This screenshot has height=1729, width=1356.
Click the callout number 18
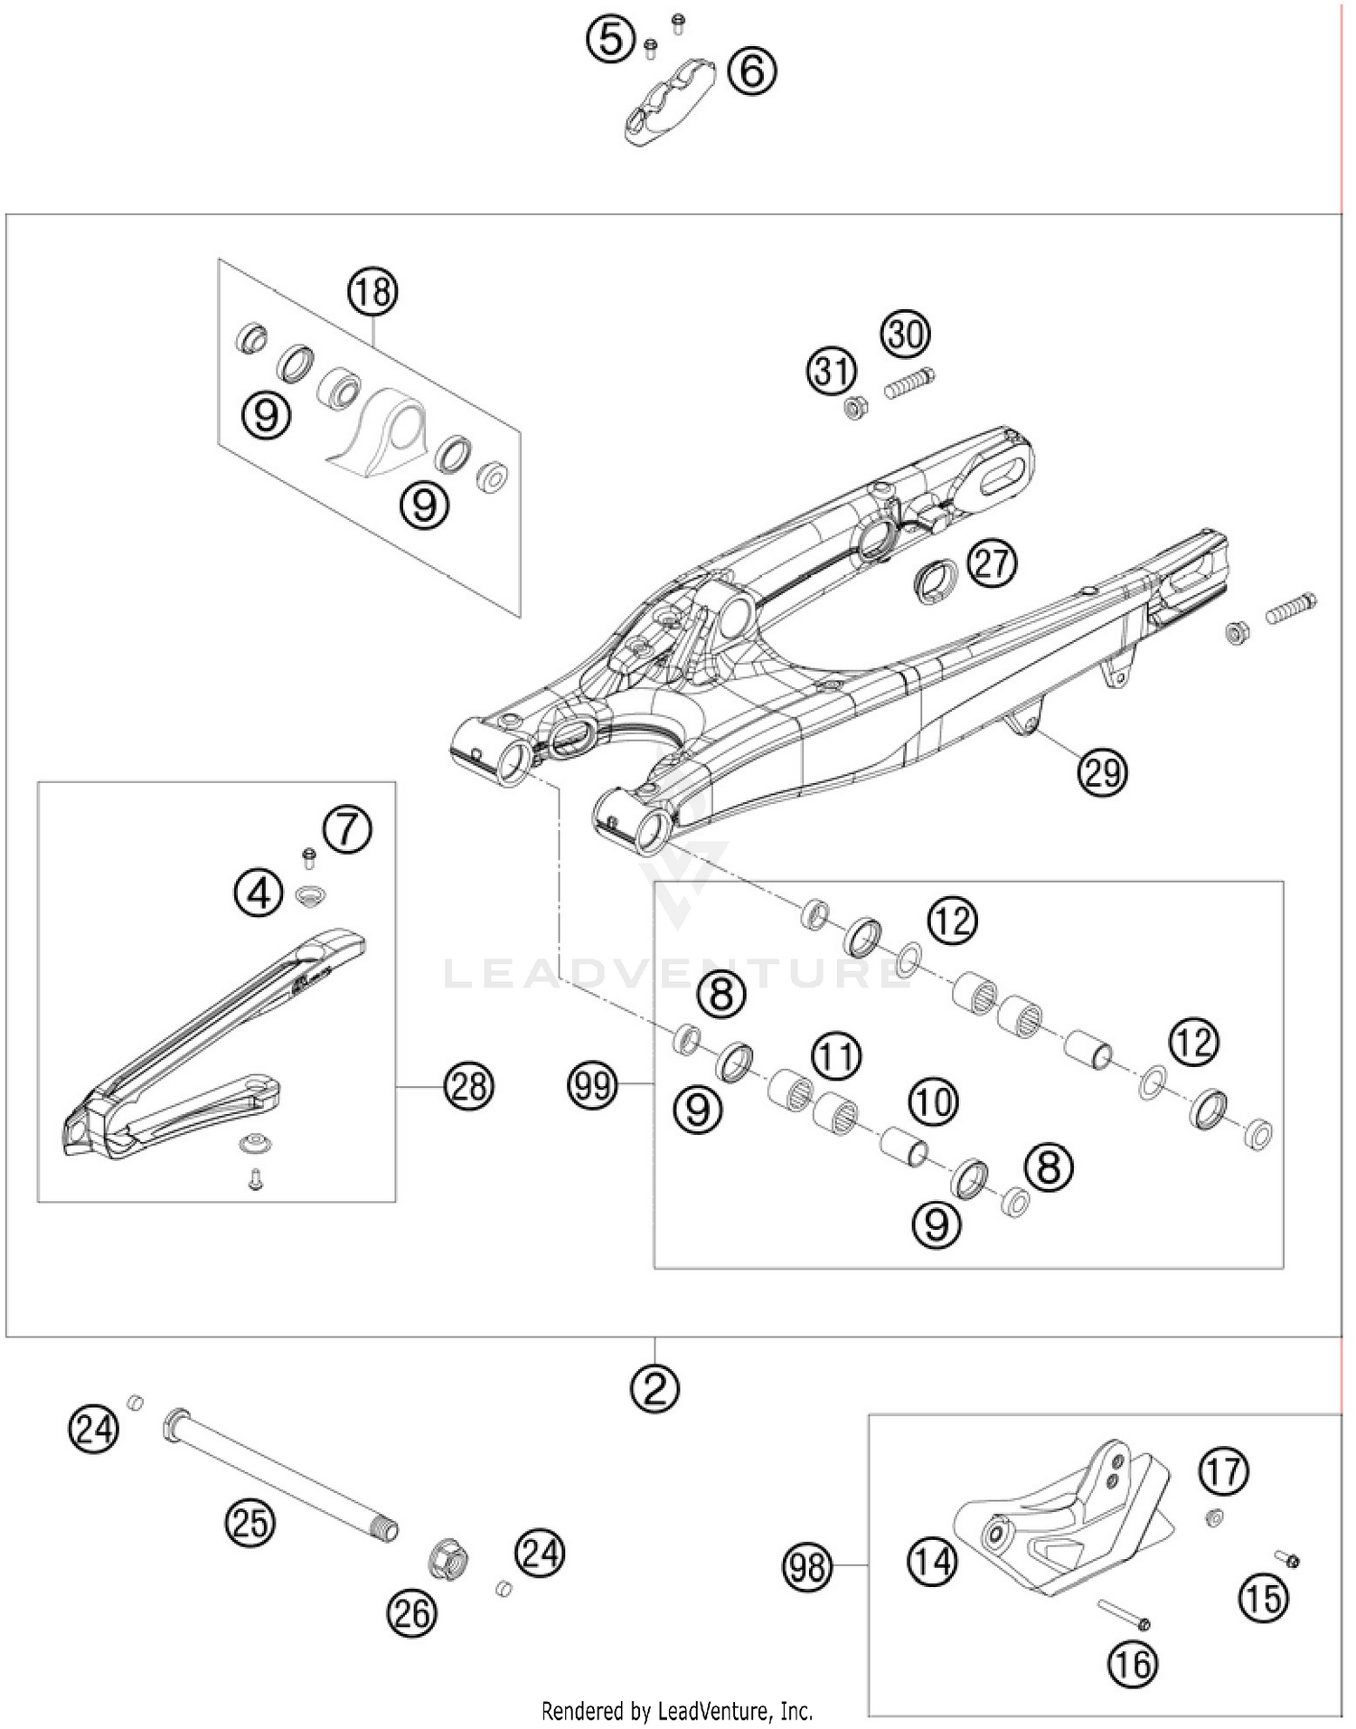pos(373,292)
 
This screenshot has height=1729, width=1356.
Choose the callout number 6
pos(752,71)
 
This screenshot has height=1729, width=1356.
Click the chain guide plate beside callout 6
pos(669,101)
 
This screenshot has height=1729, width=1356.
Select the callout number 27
pos(992,563)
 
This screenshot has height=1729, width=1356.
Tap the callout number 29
pos(1102,772)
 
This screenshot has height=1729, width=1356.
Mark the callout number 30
pos(906,334)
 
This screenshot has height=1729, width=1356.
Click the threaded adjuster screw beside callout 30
pos(909,383)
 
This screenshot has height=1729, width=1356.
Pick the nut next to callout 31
pos(855,409)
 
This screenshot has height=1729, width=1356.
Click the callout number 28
pos(468,1084)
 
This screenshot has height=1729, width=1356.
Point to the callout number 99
pos(593,1083)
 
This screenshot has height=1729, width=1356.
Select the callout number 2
pos(654,1387)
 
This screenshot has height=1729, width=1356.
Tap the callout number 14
pos(932,1562)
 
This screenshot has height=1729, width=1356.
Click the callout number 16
pos(1133,1662)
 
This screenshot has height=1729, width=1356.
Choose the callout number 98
pos(806,1564)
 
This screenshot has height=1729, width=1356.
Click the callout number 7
pos(348,829)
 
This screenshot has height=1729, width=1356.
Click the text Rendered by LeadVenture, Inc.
pos(677,1710)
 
